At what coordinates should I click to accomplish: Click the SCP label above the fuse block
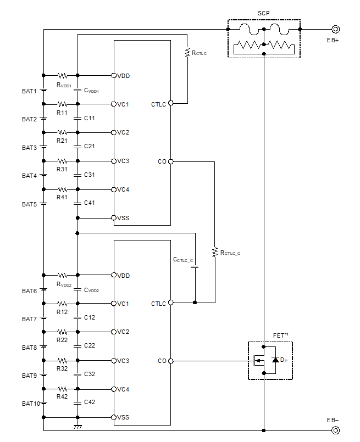tap(264, 13)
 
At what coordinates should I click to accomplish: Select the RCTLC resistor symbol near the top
tap(187, 53)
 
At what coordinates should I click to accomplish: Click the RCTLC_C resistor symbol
tap(215, 252)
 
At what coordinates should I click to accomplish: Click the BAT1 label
tap(29, 91)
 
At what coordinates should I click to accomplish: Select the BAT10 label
tap(31, 404)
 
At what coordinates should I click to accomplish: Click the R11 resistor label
tap(62, 113)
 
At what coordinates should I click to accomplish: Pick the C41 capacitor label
tap(90, 203)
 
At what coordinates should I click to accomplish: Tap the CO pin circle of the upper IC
tap(170, 161)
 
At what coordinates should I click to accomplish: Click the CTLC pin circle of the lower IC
tap(170, 302)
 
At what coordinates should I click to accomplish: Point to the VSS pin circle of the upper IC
tap(113, 218)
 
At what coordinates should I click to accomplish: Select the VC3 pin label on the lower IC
tap(123, 361)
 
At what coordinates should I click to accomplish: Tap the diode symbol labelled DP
tap(275, 360)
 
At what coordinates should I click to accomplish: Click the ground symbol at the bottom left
tap(77, 426)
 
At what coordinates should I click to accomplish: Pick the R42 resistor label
tap(62, 396)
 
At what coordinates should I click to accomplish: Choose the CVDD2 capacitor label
tap(91, 290)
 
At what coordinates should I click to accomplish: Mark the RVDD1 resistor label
tap(64, 85)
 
